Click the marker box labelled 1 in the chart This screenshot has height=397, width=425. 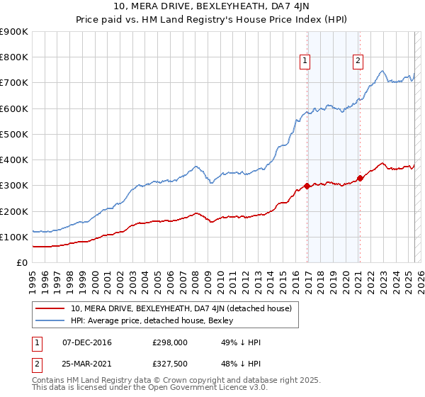(305, 62)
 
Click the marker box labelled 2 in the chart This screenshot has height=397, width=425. (358, 62)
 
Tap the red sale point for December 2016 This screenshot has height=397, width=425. (307, 186)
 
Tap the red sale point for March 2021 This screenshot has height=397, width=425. (360, 178)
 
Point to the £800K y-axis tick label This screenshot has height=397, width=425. (14, 57)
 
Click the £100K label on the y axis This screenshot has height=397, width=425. (14, 237)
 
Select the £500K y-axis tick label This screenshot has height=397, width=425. (14, 135)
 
